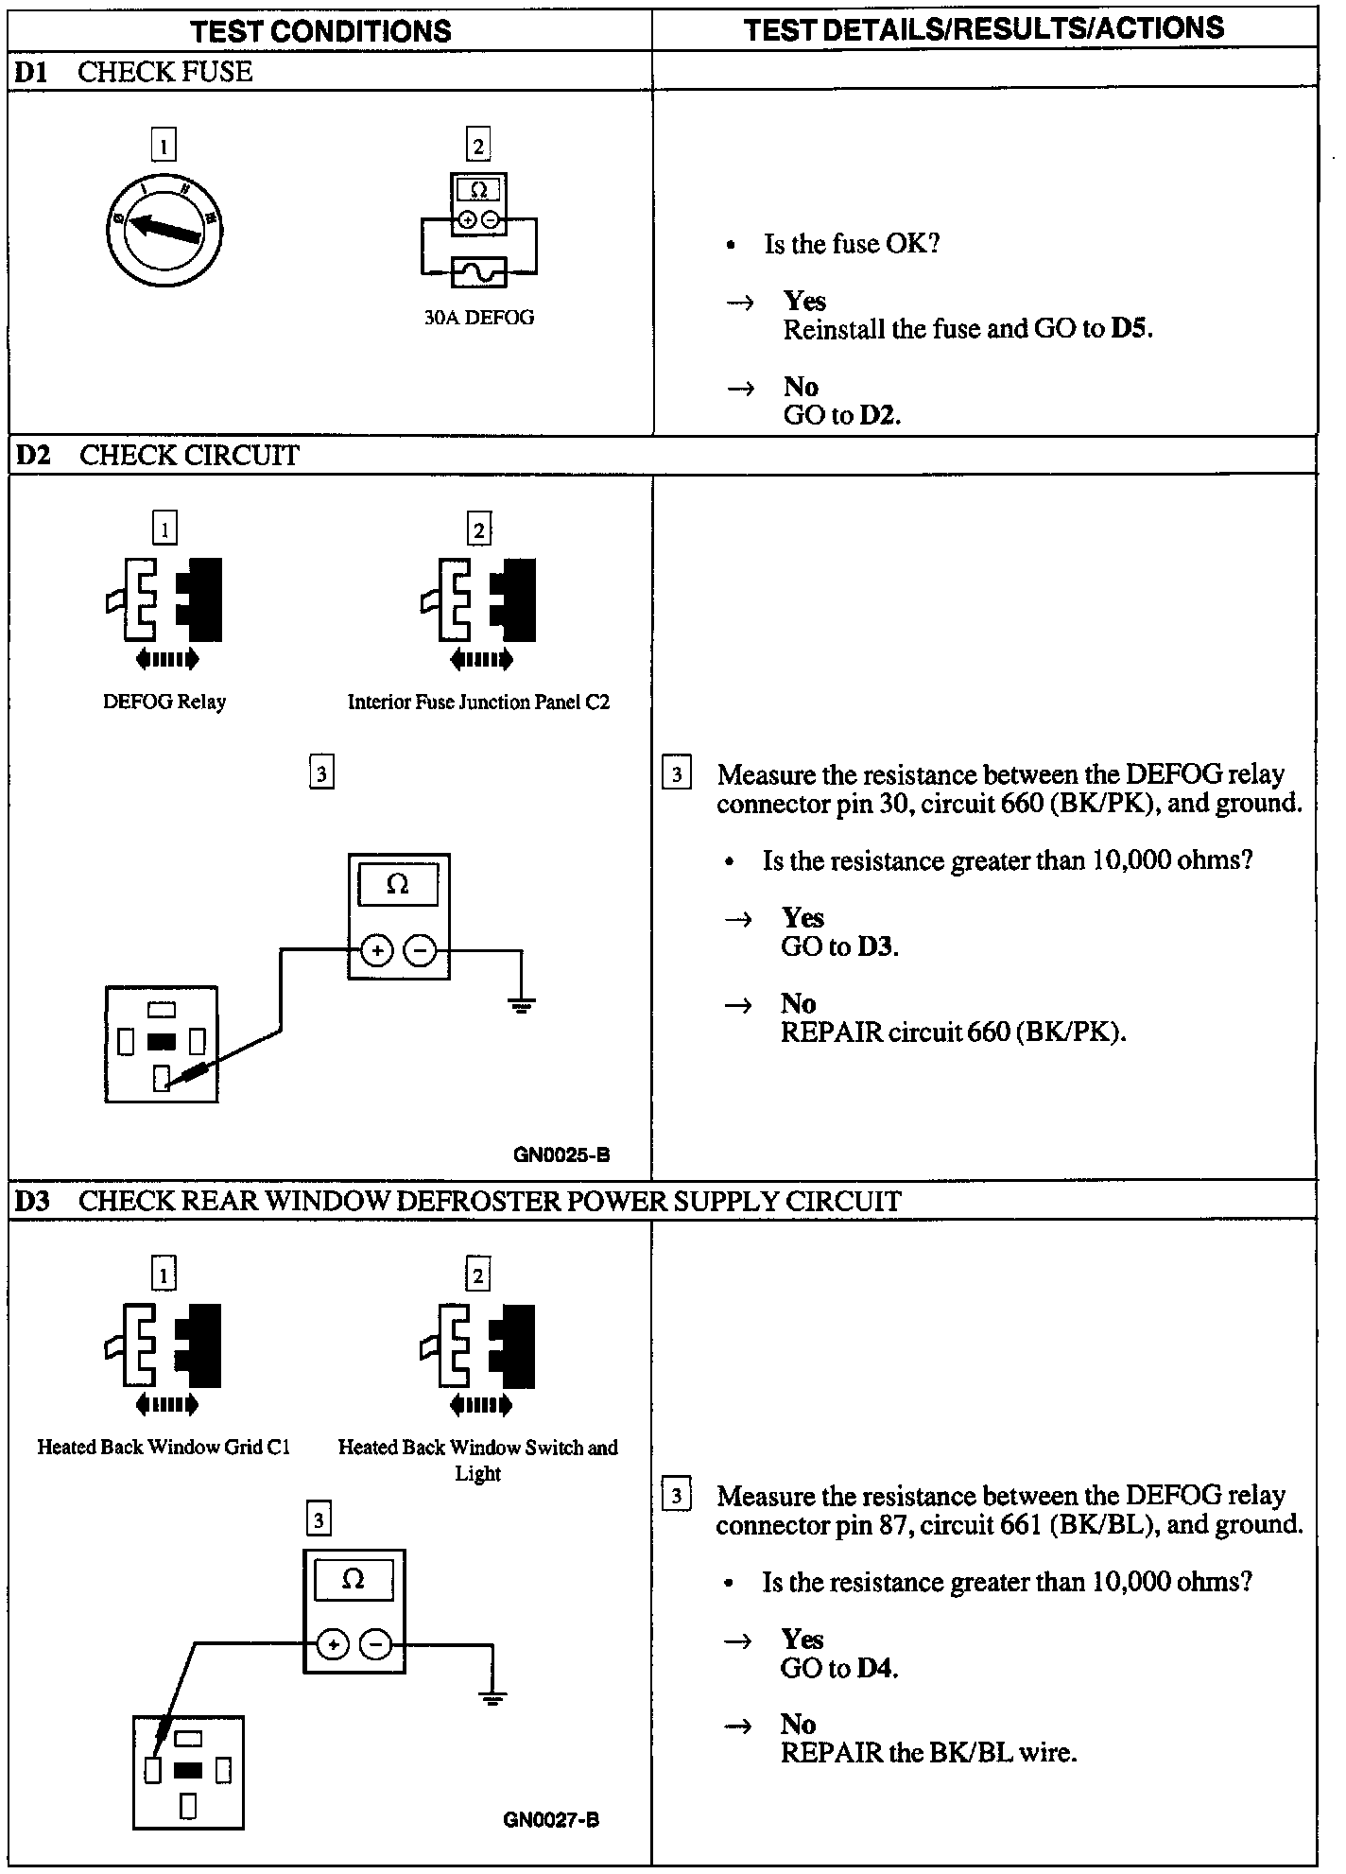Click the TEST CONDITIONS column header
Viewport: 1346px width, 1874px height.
(x=321, y=30)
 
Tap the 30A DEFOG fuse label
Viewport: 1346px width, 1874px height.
(x=478, y=318)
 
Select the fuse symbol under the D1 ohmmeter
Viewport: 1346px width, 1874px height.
(x=478, y=273)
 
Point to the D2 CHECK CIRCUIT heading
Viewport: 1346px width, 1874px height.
(x=157, y=456)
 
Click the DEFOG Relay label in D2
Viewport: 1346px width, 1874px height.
(x=164, y=702)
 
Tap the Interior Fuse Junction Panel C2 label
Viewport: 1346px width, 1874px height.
(x=478, y=702)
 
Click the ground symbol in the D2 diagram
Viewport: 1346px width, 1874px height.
(x=521, y=1004)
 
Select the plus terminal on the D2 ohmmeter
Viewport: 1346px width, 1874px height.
(x=376, y=950)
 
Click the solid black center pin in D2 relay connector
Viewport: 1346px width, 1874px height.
(x=162, y=1042)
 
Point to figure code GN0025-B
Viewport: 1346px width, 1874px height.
(x=561, y=1154)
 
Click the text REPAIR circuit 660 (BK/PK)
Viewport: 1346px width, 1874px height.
(x=953, y=1032)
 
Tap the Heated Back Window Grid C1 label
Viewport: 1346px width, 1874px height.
(x=164, y=1448)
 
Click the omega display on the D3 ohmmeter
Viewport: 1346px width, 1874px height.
(x=353, y=1580)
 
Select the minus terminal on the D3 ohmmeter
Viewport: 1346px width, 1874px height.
(x=376, y=1646)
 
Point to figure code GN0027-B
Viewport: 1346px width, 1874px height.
(x=551, y=1820)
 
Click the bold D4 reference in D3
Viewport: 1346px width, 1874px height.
(x=876, y=1668)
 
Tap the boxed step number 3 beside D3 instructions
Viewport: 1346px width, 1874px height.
(x=676, y=1497)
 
